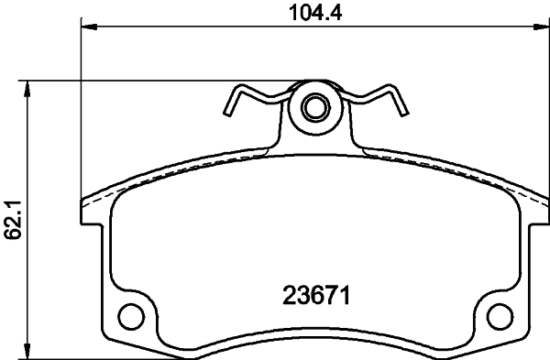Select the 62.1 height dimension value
12,221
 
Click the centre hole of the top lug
315,108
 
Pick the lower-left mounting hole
134,319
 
